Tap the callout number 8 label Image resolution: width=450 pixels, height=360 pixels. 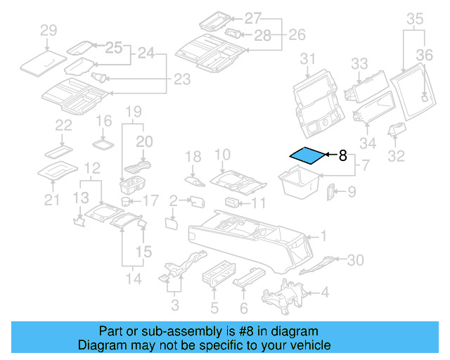(x=343, y=156)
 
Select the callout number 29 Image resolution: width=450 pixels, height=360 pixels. (x=48, y=30)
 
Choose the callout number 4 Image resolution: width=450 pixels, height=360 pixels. (x=324, y=292)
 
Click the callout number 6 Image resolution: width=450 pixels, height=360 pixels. (x=244, y=308)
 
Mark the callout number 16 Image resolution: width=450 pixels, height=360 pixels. (x=104, y=122)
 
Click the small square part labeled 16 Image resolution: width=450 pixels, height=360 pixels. (x=104, y=143)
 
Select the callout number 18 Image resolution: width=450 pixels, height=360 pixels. (x=193, y=156)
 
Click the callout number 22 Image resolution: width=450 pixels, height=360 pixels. (x=64, y=125)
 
